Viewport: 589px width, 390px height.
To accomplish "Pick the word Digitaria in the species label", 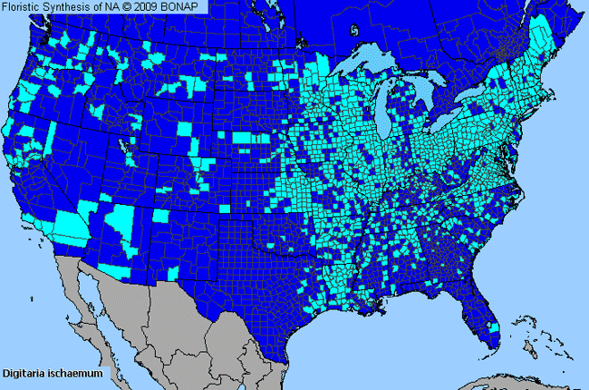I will (x=27, y=373).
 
